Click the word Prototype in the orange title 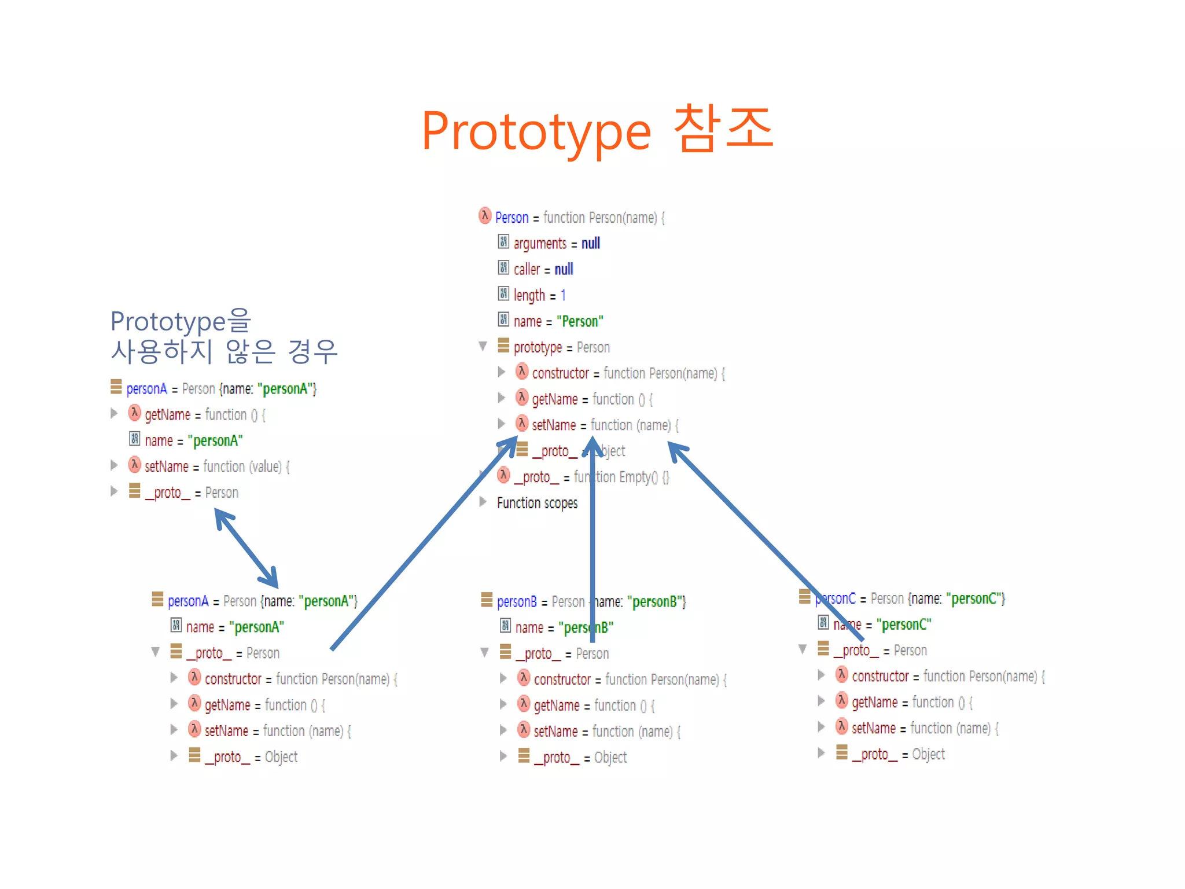pyautogui.click(x=536, y=132)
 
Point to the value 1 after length pyautogui.click(x=563, y=295)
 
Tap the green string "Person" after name pyautogui.click(x=580, y=321)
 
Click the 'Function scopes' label pyautogui.click(x=537, y=503)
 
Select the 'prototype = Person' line pyautogui.click(x=561, y=347)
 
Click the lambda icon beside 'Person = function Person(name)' pyautogui.click(x=485, y=216)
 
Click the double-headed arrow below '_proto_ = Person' pyautogui.click(x=246, y=548)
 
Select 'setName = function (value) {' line pyautogui.click(x=216, y=466)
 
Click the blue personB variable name pyautogui.click(x=517, y=601)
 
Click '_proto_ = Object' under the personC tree pyautogui.click(x=898, y=754)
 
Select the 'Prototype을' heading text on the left pyautogui.click(x=180, y=321)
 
